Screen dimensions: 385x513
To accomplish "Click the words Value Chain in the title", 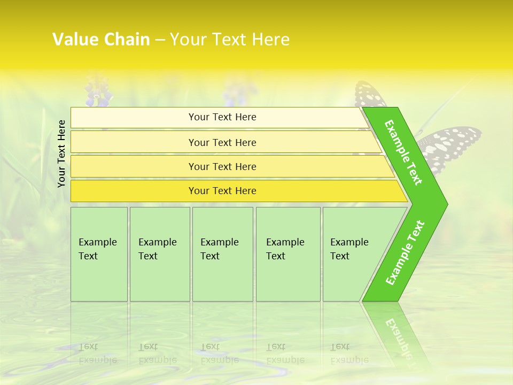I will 101,39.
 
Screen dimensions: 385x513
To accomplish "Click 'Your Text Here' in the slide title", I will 230,39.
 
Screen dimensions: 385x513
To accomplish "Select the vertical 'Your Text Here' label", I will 61,153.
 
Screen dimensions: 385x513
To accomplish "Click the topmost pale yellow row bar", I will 222,117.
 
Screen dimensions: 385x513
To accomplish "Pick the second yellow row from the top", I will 222,142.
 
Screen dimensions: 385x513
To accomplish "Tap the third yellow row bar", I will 222,166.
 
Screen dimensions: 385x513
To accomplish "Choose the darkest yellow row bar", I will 222,191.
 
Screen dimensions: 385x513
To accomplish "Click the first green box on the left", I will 99,254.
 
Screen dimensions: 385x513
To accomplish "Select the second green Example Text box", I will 159,254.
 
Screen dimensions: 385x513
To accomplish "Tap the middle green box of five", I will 222,254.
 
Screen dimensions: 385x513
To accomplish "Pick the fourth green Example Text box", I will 287,254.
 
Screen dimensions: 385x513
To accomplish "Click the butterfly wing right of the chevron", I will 452,147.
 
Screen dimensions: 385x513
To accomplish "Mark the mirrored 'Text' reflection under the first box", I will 88,347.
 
